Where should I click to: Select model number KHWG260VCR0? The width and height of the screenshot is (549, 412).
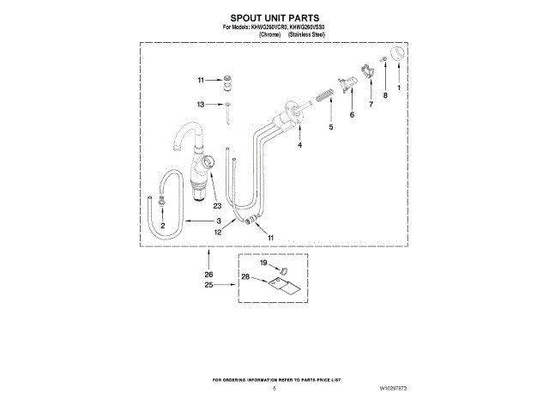255,27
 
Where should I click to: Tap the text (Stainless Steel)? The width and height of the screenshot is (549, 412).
306,34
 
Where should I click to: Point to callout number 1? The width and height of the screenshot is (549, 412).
397,88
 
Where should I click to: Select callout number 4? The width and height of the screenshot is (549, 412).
299,145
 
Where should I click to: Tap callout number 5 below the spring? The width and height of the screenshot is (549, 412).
330,127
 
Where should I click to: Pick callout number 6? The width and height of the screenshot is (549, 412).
352,114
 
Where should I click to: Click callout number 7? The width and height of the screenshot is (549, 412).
371,104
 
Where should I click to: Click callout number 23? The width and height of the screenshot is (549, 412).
217,206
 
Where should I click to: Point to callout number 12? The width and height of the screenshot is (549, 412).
219,232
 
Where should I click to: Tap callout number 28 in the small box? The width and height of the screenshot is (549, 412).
244,276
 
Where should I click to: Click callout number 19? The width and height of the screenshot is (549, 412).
263,262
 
